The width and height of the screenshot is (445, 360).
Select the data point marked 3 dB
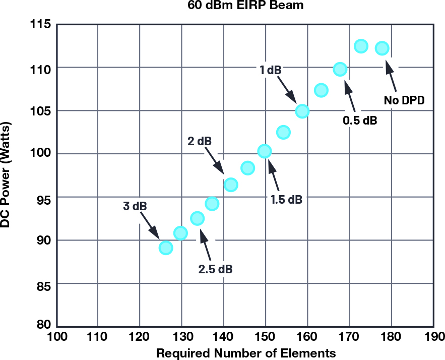(166, 248)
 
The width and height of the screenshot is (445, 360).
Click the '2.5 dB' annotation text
(215, 268)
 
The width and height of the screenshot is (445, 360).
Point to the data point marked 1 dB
(302, 111)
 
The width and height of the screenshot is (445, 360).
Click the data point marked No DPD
(382, 48)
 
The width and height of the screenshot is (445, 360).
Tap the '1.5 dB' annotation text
(286, 199)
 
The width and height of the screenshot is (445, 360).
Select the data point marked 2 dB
(231, 185)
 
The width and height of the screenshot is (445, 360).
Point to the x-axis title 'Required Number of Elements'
(246, 352)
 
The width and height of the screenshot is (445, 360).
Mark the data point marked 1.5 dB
(265, 151)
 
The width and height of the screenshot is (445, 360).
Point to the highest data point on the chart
(361, 46)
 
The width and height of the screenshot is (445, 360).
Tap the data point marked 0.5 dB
(340, 69)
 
